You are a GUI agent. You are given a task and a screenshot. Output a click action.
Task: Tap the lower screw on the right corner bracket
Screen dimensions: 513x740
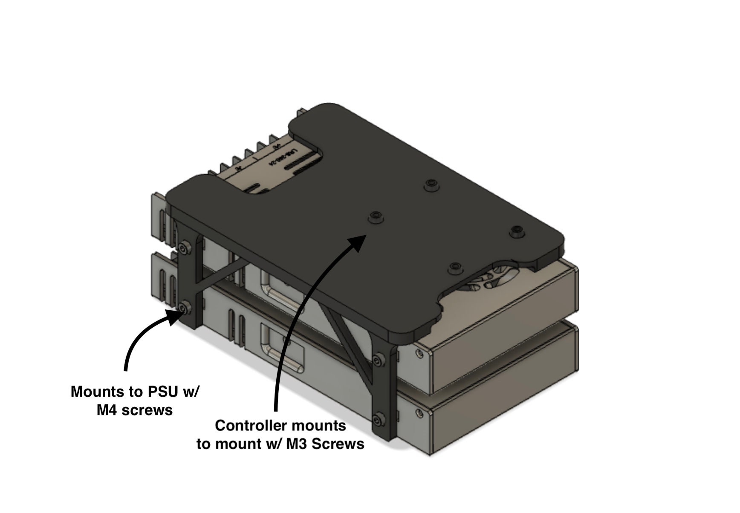(377, 419)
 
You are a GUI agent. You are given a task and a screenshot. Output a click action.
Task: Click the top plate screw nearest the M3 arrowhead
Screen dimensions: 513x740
(375, 216)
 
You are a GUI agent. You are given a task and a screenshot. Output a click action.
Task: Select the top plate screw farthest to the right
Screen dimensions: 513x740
(517, 231)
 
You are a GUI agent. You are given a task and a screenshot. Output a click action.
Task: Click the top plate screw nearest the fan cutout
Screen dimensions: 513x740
(454, 268)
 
